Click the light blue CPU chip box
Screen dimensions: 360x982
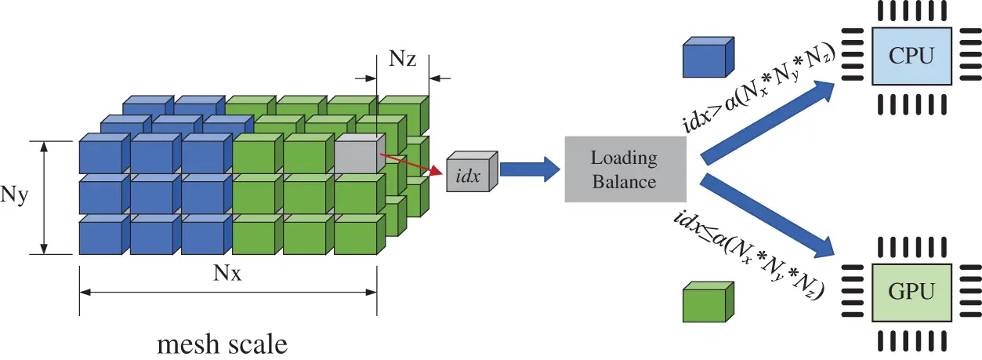(912, 56)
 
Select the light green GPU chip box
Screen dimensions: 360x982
(912, 292)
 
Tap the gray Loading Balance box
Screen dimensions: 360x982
(624, 169)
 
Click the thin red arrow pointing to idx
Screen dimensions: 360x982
(408, 163)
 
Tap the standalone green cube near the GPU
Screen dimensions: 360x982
(707, 302)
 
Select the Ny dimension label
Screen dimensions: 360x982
(16, 196)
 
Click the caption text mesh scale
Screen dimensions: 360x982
(222, 344)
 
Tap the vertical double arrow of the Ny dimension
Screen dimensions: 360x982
(45, 197)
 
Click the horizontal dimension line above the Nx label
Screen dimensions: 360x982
(228, 292)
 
